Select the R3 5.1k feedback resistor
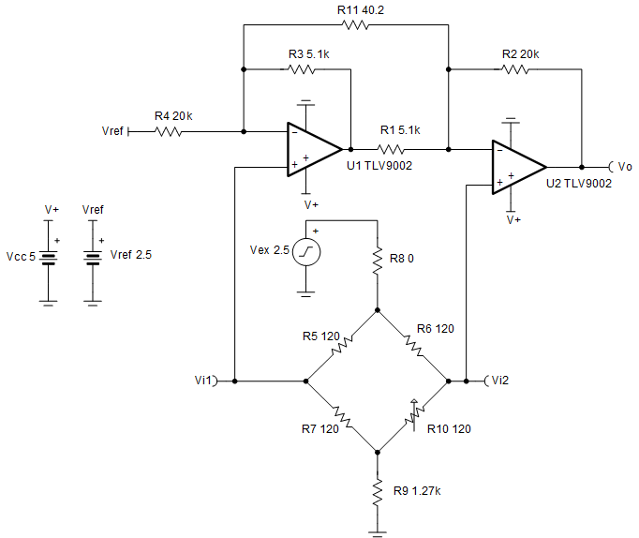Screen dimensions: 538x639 coord(302,69)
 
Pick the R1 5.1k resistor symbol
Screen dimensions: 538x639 coord(392,148)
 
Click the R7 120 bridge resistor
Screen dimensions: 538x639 coord(341,416)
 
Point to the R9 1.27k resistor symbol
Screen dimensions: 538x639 coord(377,491)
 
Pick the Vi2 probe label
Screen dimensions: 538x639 coord(498,381)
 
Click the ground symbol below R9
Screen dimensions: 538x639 coord(377,532)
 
